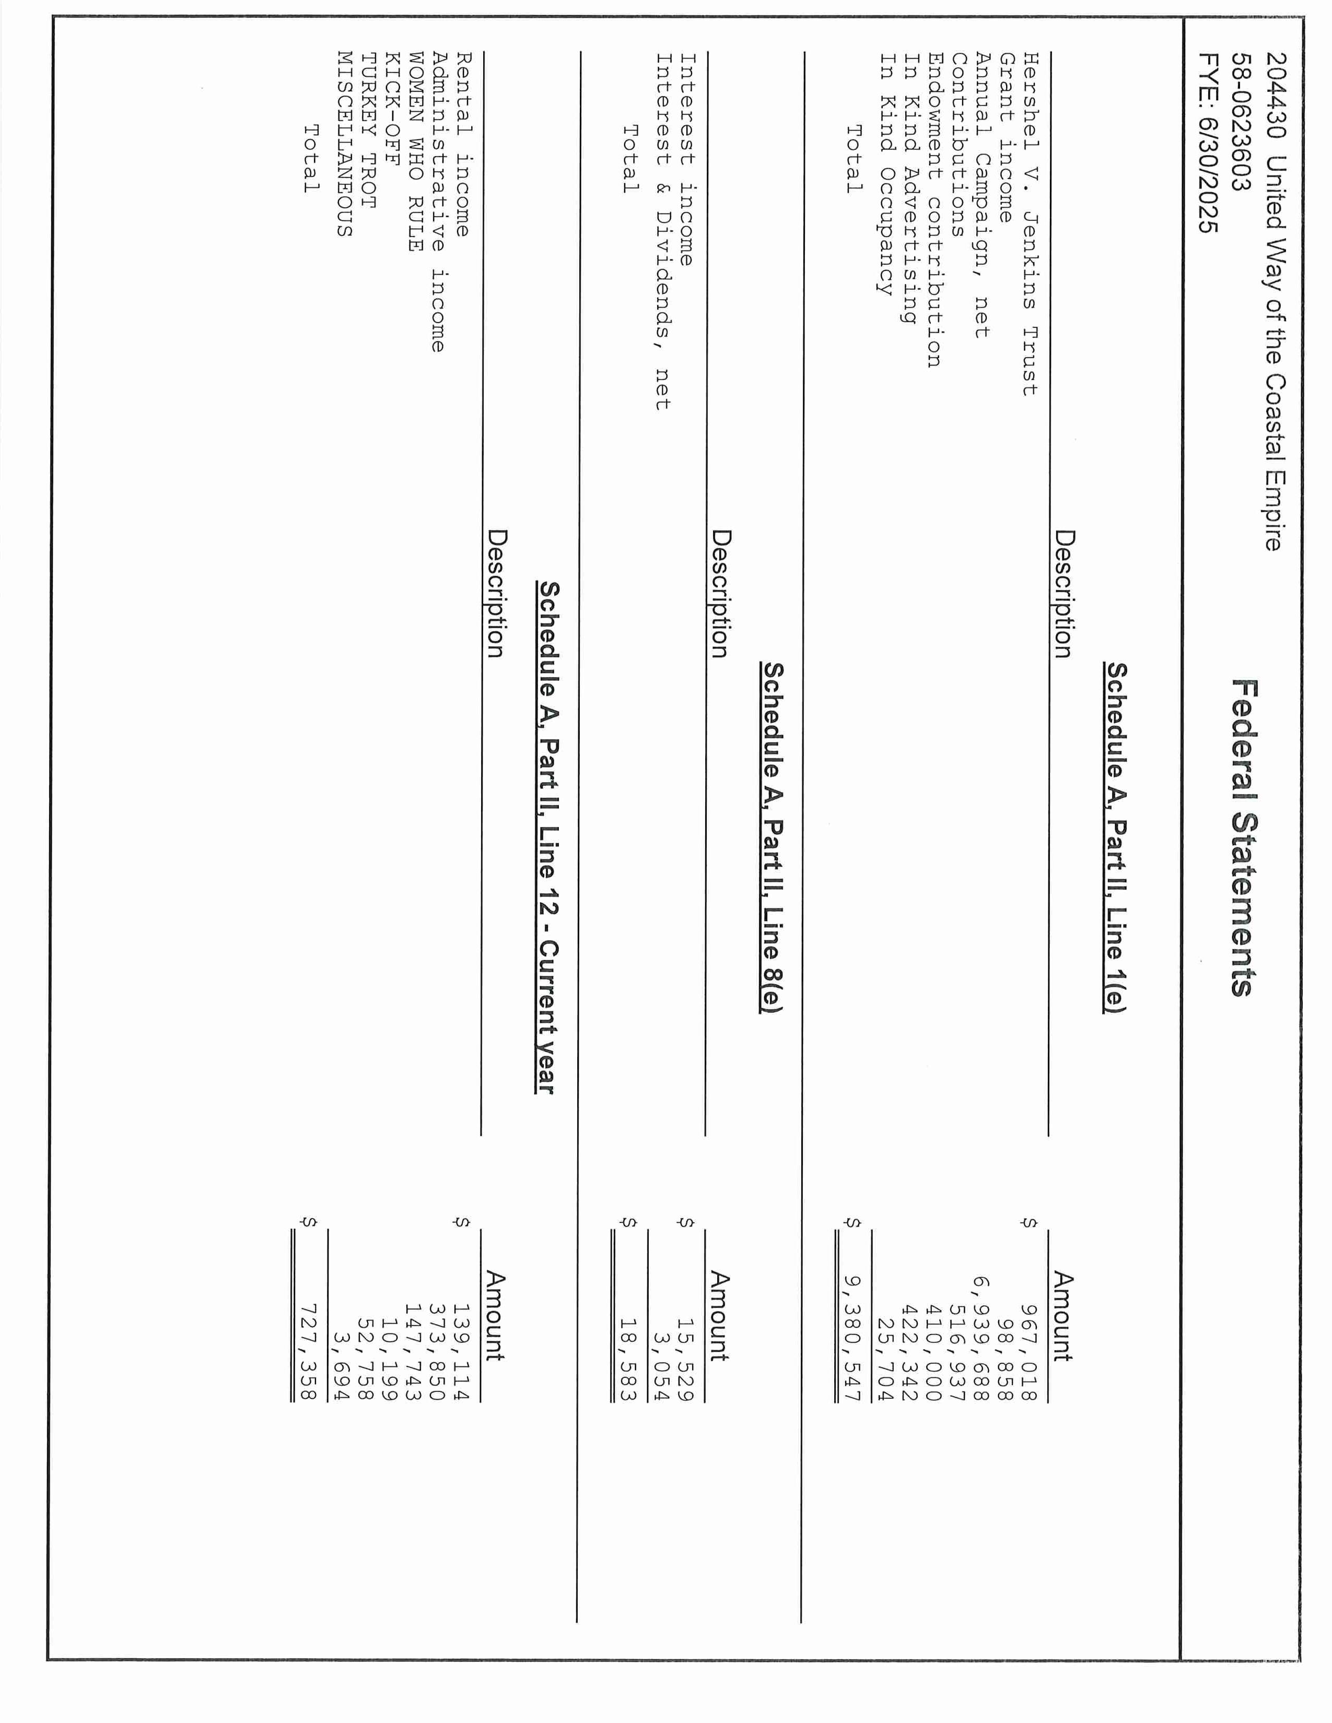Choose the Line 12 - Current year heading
(547, 838)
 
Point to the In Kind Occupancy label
(887, 173)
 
